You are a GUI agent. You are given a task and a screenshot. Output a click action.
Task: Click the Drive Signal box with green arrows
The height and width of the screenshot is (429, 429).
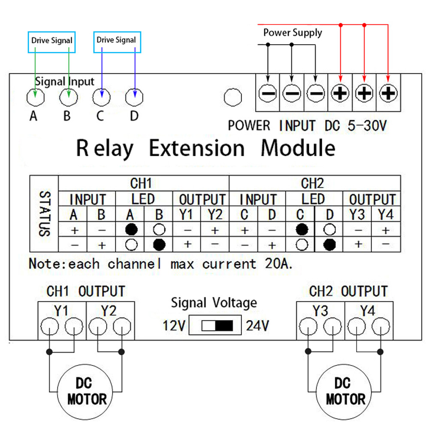click(x=51, y=42)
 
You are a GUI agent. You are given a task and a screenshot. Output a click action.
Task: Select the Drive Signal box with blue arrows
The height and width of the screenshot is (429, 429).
click(x=117, y=41)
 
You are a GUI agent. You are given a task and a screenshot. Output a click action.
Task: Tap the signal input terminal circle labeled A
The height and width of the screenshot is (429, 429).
click(x=35, y=97)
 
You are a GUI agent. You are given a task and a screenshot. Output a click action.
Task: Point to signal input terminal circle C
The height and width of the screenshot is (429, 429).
click(x=102, y=97)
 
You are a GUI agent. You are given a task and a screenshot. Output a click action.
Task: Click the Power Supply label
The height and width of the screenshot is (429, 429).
click(x=293, y=33)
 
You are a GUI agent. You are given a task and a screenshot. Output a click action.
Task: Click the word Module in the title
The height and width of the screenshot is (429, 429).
click(x=298, y=148)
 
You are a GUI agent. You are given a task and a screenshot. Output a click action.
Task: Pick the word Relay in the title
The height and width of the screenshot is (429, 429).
click(x=105, y=148)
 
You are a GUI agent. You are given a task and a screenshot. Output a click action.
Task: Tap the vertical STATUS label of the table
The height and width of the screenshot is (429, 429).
click(x=43, y=214)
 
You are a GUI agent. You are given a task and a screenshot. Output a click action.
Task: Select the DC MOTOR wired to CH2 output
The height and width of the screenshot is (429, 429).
click(x=345, y=391)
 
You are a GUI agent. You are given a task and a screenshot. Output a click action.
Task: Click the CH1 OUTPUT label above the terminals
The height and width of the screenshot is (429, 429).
click(x=85, y=291)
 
